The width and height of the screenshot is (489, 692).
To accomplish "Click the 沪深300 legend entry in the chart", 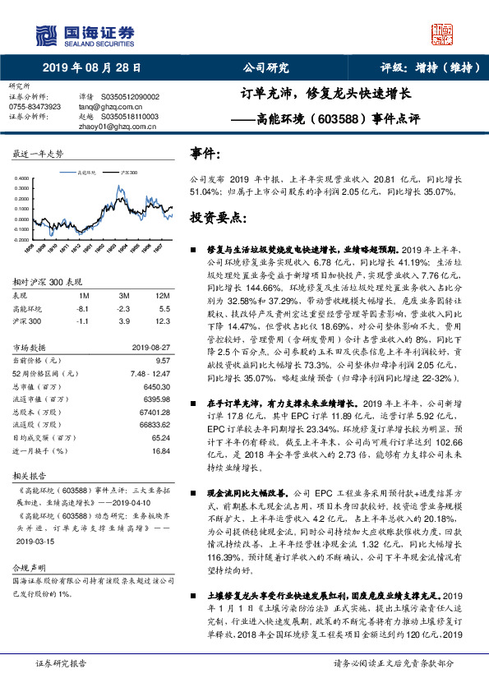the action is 128,173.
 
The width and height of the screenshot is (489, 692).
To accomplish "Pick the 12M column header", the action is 162,294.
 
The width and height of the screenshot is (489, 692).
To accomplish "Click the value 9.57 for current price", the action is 162,360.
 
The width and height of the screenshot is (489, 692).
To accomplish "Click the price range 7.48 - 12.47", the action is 150,373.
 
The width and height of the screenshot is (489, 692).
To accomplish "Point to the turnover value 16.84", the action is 160,451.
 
